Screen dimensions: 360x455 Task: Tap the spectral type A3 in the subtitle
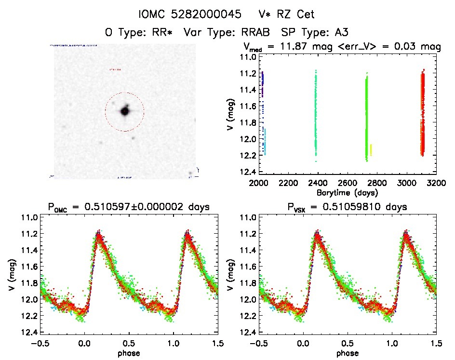coord(342,32)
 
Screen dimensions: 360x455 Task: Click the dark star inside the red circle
coord(124,111)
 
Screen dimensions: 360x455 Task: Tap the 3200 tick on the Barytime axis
coord(436,184)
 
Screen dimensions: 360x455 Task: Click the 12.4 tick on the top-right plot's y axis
coord(249,172)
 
